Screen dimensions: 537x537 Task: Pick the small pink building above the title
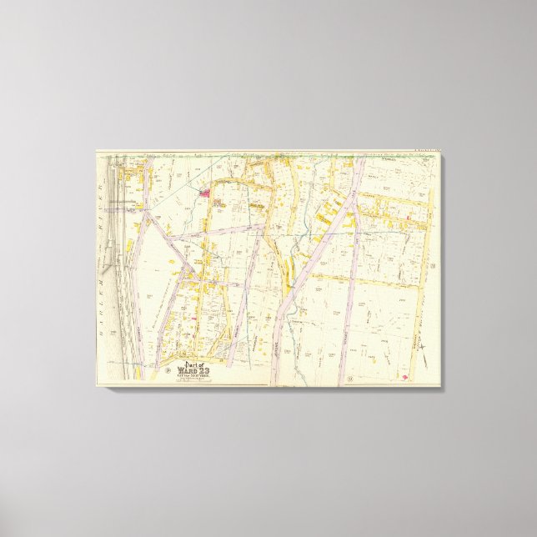(194, 317)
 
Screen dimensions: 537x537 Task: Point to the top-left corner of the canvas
(95, 150)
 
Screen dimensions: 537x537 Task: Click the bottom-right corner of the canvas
(443, 387)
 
